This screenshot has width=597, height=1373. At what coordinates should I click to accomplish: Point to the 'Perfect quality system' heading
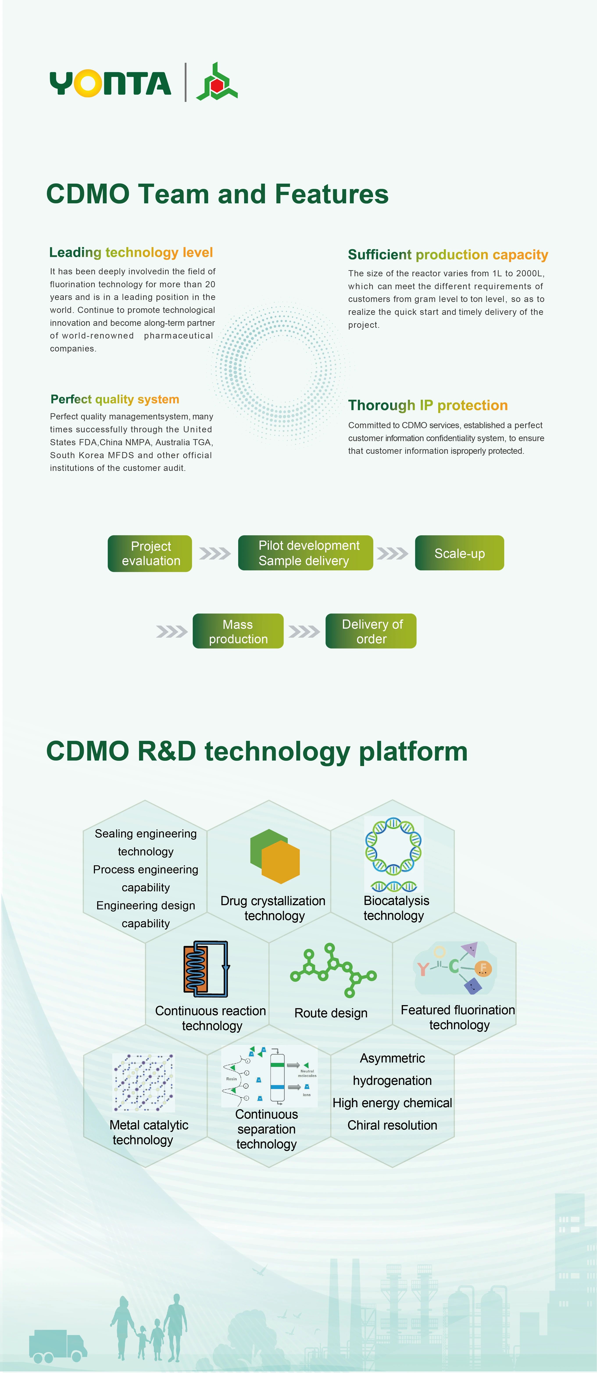[115, 399]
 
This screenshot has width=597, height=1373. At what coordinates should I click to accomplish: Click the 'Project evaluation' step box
[150, 553]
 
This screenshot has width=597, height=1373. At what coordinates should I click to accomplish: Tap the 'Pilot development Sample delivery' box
[305, 553]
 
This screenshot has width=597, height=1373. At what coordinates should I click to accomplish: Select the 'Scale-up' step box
[459, 553]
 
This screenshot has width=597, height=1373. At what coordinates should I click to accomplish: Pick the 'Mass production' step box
[238, 631]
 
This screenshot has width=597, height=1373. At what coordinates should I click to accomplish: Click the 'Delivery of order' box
[371, 631]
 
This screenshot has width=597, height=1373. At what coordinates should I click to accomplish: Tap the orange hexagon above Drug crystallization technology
[281, 862]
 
